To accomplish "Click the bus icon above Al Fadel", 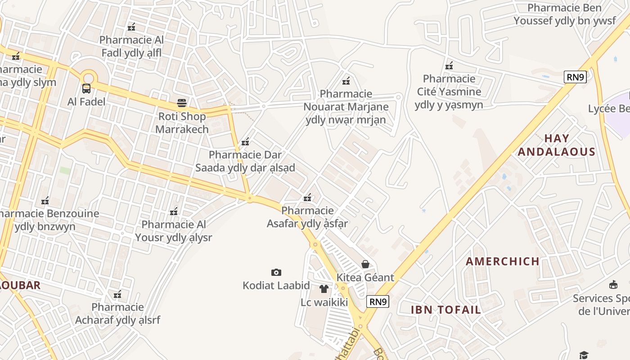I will [86, 89].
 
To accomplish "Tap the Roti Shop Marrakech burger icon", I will [182, 103].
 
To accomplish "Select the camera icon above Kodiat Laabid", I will [276, 272].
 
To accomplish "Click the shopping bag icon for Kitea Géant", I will [365, 264].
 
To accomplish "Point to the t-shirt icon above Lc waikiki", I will [324, 289].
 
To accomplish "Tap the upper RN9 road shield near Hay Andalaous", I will [575, 77].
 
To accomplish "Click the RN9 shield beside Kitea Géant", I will [378, 301].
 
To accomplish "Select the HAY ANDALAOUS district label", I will [557, 145].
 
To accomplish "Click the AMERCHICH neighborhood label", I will [503, 261].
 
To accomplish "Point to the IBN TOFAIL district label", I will [446, 310].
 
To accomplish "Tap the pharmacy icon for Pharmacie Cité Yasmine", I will [449, 66].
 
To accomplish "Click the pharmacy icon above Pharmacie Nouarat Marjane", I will [346, 81].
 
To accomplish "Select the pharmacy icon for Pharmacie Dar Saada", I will [245, 142].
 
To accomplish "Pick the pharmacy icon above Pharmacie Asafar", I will [308, 197].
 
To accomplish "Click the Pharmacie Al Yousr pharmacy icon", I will [174, 211].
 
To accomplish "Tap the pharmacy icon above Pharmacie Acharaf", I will [117, 294].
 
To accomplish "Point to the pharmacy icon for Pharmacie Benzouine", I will [45, 201].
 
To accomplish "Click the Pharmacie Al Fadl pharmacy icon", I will [131, 27].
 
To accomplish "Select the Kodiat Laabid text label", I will [276, 286].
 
